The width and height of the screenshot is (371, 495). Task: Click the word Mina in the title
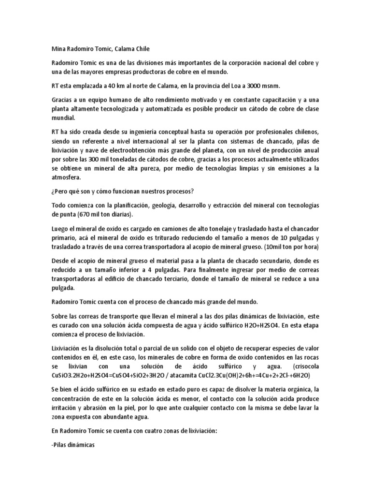point(58,48)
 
